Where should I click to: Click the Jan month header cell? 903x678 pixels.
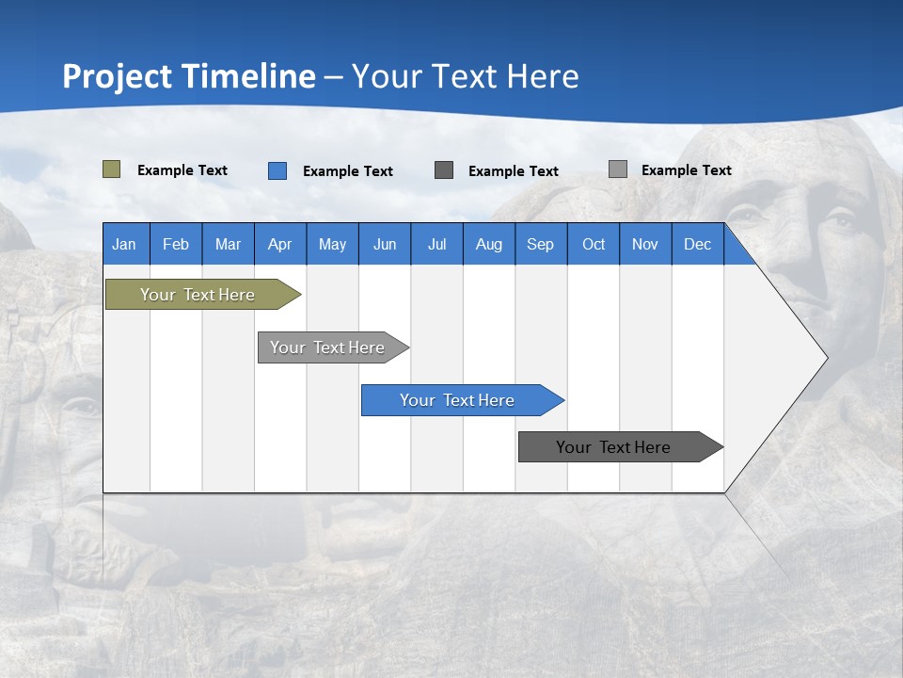click(125, 244)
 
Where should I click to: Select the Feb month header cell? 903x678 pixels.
click(176, 244)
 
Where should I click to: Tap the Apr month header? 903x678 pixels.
click(280, 244)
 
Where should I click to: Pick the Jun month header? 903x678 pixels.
click(385, 244)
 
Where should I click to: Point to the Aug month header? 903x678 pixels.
click(489, 244)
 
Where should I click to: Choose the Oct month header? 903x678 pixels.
click(594, 244)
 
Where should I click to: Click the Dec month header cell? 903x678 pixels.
click(698, 244)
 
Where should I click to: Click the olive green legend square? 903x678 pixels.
click(112, 169)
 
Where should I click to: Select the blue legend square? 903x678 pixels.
click(277, 170)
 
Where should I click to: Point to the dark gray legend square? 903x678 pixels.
click(444, 169)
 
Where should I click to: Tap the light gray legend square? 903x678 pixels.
click(618, 169)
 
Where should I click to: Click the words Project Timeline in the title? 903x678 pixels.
click(189, 76)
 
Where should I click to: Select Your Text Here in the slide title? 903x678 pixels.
click(466, 76)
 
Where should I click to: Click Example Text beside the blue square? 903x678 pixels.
click(348, 171)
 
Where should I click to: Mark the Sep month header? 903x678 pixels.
click(541, 244)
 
